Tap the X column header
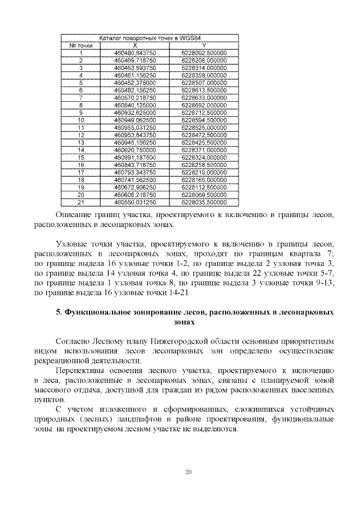pos(134,44)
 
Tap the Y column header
pos(204,44)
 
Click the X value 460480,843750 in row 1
pos(134,52)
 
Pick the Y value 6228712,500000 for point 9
pos(204,112)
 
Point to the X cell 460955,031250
pos(134,127)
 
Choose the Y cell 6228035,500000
pos(204,201)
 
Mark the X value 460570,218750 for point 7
pos(134,97)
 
